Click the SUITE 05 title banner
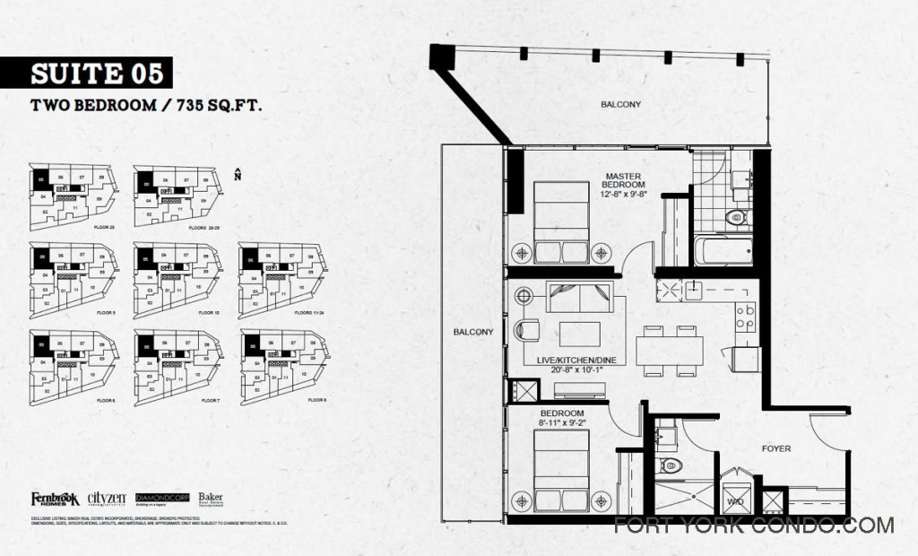[x=87, y=72]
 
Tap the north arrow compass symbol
[x=237, y=174]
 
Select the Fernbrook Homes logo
[x=56, y=499]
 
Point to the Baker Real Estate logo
[x=211, y=499]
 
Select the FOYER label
[x=775, y=448]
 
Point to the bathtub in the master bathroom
[x=723, y=250]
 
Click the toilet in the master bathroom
[x=735, y=216]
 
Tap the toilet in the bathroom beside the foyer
[x=669, y=465]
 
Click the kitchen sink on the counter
[x=693, y=290]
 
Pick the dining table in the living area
[x=669, y=350]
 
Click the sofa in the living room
[x=578, y=296]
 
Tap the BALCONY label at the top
[x=620, y=105]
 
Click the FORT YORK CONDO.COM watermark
[x=753, y=526]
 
